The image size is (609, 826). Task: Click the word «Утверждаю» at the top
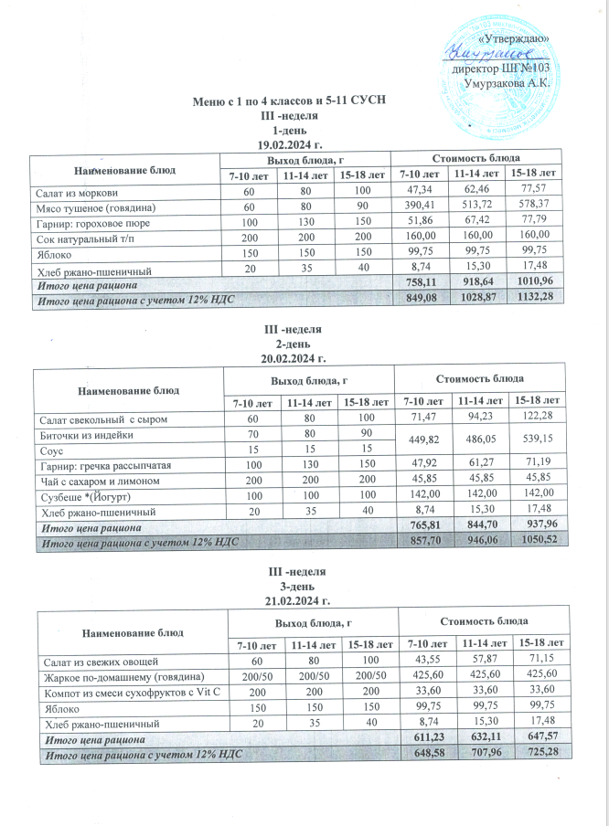514,38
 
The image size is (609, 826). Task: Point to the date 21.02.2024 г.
294,600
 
